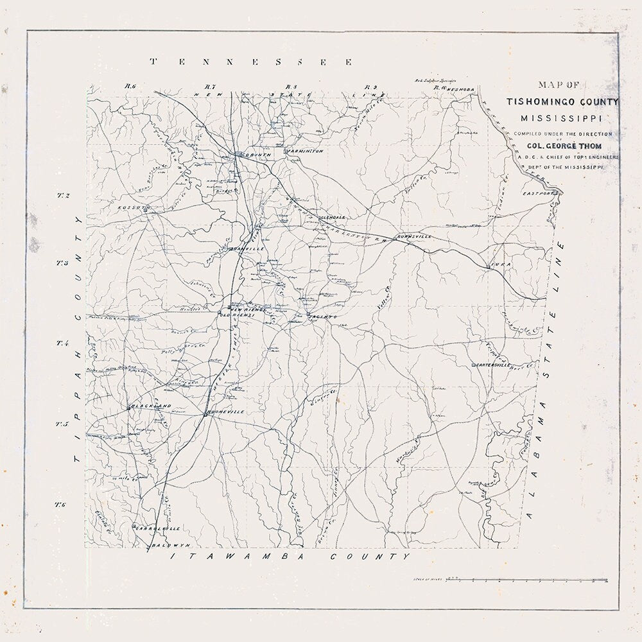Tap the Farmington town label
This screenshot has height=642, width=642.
306,152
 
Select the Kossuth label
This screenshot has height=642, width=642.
134,208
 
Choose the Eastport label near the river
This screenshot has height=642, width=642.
538,193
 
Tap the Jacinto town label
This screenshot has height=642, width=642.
322,317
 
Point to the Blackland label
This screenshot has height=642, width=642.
152,406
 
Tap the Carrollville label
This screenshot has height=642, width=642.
158,528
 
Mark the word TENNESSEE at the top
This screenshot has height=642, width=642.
251,62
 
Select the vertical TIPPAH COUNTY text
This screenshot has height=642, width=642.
78,339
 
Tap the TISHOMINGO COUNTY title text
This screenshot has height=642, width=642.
562,102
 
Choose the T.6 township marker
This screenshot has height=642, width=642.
61,505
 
